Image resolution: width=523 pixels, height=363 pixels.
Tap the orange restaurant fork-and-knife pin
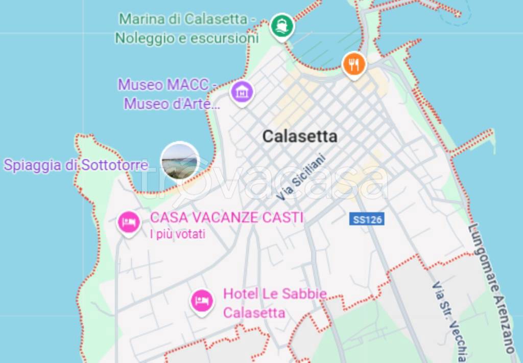tap(353, 64)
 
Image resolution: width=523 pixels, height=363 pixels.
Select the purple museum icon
tap(242, 92)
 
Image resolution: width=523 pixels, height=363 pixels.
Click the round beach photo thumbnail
tap(180, 162)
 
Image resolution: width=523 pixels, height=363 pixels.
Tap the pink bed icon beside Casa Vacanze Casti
tap(129, 222)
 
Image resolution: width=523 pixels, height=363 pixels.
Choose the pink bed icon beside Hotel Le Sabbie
tap(202, 300)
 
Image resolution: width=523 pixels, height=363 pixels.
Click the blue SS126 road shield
tap(367, 219)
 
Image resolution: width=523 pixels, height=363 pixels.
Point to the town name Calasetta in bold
tap(300, 137)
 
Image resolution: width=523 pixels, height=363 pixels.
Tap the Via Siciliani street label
tap(301, 177)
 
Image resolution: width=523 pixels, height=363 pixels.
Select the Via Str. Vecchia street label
tap(449, 322)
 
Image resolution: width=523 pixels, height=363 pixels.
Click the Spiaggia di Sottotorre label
tap(76, 165)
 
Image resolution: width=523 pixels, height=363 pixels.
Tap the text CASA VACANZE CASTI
tap(227, 217)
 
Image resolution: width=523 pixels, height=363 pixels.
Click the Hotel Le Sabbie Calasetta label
tap(274, 303)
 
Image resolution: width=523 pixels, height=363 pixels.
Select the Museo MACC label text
tap(168, 84)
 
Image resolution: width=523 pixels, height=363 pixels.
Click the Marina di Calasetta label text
tap(187, 19)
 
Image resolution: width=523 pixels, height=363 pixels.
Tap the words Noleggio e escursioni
tap(186, 38)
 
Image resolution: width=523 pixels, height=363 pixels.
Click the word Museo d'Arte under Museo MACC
tap(172, 104)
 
